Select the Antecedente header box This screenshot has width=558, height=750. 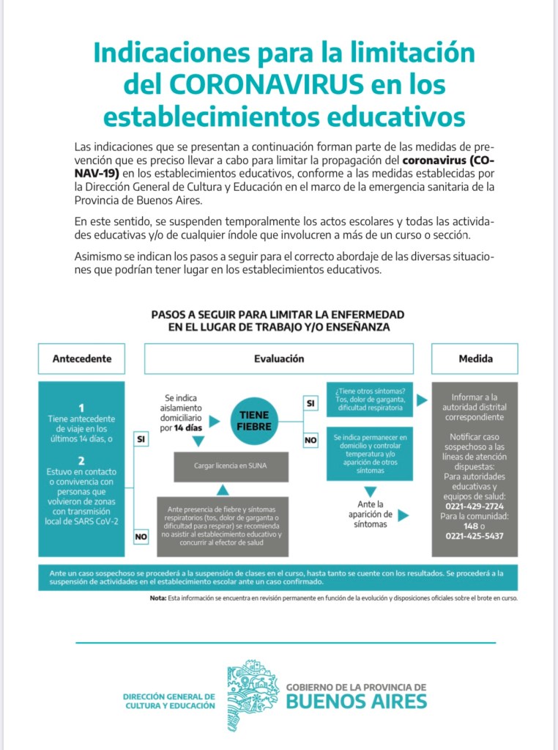tap(82, 359)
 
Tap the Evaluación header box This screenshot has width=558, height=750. tap(279, 359)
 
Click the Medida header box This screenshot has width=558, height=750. tap(475, 359)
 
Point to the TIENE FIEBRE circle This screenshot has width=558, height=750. tap(255, 420)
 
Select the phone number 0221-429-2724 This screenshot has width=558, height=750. tap(475, 506)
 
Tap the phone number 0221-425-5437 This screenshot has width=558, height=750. tap(475, 536)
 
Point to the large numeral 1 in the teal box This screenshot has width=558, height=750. tap(82, 408)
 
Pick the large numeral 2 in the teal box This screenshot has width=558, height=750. tap(82, 460)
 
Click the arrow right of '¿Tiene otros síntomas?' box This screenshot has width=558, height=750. tap(422, 400)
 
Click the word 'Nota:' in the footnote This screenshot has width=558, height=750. tap(157, 598)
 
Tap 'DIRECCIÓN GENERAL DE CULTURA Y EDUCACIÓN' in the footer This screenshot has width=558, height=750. tap(169, 701)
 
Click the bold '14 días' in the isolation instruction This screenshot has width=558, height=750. tap(188, 426)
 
